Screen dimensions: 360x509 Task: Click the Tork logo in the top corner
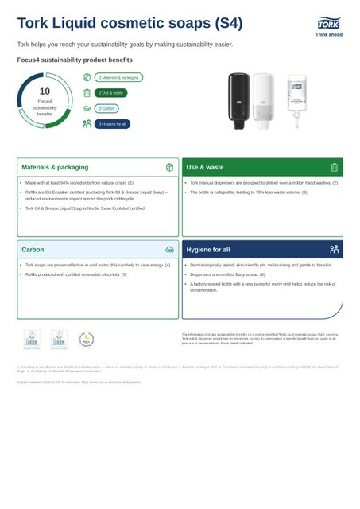329,26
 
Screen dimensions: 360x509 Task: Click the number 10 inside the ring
45,91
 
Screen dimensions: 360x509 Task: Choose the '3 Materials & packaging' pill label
118,77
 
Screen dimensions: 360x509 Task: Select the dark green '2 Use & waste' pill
110,93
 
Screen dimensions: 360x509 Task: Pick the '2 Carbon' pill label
106,108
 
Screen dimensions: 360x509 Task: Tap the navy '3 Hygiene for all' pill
112,124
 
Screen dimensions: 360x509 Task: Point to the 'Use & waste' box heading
205,168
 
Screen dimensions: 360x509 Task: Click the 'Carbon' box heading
33,250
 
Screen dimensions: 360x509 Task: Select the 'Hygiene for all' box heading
208,250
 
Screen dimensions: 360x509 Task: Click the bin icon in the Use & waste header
335,168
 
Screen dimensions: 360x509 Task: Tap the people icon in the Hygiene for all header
335,249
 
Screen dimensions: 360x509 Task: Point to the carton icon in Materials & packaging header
169,168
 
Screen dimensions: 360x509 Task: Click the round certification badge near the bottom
86,340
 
